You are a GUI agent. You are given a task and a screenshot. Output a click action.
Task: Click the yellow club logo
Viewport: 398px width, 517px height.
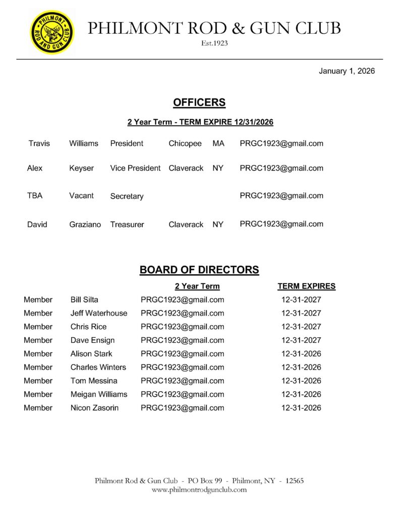point(52,32)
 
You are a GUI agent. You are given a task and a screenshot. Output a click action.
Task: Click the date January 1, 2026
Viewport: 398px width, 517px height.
point(347,71)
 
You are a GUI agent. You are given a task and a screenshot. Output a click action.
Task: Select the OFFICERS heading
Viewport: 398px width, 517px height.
point(199,102)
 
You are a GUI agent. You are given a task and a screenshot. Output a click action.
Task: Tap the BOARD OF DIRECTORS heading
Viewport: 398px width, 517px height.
point(199,270)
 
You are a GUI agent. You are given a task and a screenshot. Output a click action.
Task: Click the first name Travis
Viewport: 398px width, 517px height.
point(39,143)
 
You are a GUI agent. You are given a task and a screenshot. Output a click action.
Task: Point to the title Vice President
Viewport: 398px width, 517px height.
point(135,168)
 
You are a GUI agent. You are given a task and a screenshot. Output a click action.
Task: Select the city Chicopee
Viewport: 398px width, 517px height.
point(185,143)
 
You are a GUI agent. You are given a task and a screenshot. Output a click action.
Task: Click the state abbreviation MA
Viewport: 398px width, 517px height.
point(218,143)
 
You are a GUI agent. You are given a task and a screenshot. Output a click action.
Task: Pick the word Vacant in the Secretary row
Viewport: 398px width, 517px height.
point(81,195)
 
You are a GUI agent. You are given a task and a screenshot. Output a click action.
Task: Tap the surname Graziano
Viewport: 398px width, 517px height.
point(85,224)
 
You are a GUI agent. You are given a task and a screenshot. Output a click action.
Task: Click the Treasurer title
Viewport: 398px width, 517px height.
point(127,224)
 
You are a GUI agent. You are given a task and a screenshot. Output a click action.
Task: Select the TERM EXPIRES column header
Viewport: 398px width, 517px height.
point(306,286)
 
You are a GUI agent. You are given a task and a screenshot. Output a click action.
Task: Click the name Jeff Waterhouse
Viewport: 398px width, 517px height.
point(99,313)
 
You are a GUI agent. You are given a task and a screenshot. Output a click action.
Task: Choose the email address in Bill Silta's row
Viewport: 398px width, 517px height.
point(183,299)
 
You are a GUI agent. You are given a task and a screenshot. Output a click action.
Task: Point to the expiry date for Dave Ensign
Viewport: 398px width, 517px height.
point(301,340)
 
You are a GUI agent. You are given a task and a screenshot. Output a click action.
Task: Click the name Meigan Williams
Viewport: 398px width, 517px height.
point(99,394)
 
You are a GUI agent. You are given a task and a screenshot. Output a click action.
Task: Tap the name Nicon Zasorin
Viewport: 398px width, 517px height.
point(94,408)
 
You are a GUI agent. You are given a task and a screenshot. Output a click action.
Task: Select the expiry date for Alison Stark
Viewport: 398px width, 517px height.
point(301,354)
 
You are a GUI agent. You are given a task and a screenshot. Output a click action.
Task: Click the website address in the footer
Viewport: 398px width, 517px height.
point(199,490)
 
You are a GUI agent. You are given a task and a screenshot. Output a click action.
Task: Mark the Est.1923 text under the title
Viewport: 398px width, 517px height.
point(214,43)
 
